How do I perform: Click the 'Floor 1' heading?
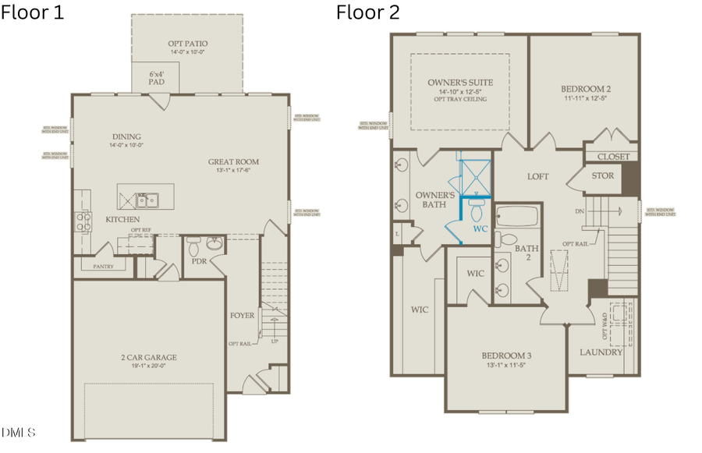point(34,12)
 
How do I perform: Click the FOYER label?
point(243,316)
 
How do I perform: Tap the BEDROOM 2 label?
point(583,88)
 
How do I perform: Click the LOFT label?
point(538,176)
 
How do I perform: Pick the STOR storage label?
point(602,176)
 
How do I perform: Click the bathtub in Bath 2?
point(516,216)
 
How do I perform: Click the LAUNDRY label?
point(601,352)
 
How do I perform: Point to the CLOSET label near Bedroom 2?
point(613,156)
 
